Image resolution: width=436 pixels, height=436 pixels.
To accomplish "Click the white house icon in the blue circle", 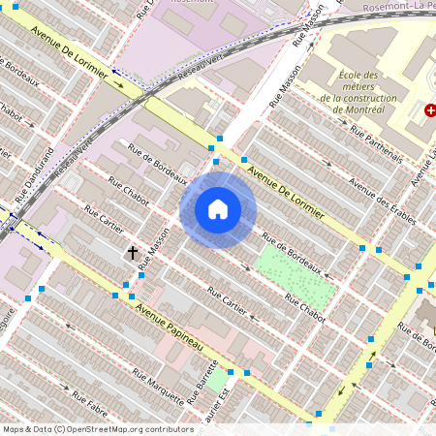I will click(x=218, y=209).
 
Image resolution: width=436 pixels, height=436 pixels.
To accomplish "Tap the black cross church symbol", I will click(x=133, y=253).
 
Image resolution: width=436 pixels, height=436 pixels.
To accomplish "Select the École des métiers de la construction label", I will click(x=363, y=92).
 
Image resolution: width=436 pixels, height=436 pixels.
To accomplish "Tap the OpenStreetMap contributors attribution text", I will click(x=97, y=428).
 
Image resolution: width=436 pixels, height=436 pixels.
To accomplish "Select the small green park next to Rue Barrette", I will click(x=217, y=379).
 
